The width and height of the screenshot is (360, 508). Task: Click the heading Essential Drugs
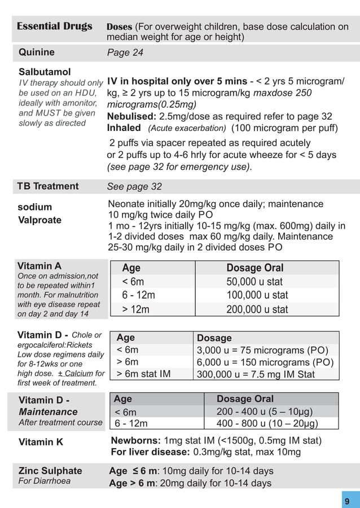(54, 27)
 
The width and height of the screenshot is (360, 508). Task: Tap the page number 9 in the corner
(347, 501)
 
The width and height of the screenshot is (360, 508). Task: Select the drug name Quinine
(37, 52)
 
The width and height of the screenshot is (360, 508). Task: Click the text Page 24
(125, 52)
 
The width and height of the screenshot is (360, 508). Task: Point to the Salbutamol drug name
(45, 72)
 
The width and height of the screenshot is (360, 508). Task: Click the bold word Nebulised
(132, 117)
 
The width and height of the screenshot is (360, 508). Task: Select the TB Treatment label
(48, 186)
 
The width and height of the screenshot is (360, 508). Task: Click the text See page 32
(134, 187)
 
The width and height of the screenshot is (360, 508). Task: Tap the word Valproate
(40, 220)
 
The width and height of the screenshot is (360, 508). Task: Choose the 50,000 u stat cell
(254, 282)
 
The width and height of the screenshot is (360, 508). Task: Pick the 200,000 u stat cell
(257, 309)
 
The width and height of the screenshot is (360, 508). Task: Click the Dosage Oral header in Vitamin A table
(254, 268)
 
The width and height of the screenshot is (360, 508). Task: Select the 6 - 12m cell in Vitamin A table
(138, 295)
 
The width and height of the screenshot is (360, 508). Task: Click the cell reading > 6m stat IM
(143, 374)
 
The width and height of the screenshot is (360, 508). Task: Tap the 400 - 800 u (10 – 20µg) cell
(267, 423)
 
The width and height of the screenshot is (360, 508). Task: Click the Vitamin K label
(41, 443)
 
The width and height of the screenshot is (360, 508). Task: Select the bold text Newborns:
(136, 441)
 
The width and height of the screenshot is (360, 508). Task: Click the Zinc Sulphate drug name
(50, 471)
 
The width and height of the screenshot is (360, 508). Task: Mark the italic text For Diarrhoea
(45, 481)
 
